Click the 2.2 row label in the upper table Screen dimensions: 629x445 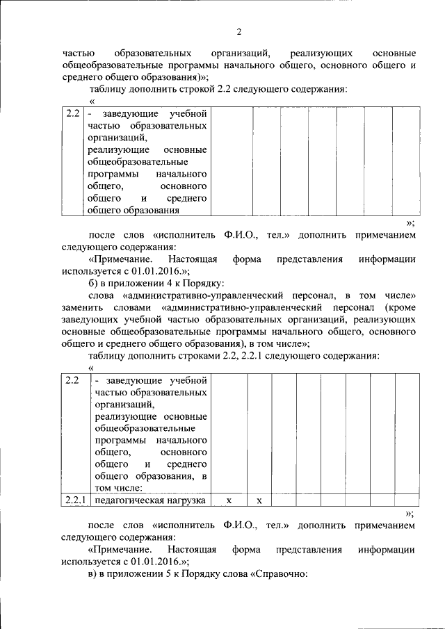pyautogui.click(x=72, y=113)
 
